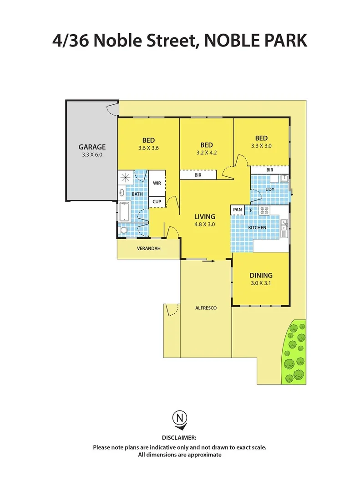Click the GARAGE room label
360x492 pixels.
click(x=92, y=147)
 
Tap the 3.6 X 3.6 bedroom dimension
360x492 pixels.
click(x=148, y=148)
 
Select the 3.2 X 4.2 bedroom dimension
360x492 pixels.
click(x=206, y=153)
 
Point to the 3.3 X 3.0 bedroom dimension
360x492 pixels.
click(x=261, y=146)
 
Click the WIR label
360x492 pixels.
click(x=157, y=183)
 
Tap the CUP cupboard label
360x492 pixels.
click(x=157, y=201)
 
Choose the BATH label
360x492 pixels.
click(x=137, y=194)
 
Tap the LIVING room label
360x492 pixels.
click(x=205, y=216)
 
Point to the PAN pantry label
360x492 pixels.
click(x=237, y=210)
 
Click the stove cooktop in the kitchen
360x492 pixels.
click(x=265, y=210)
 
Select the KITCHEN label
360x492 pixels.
click(x=257, y=227)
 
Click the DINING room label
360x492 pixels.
click(x=261, y=275)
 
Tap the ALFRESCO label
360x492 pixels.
click(x=206, y=308)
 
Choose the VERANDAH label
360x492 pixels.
click(x=148, y=249)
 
